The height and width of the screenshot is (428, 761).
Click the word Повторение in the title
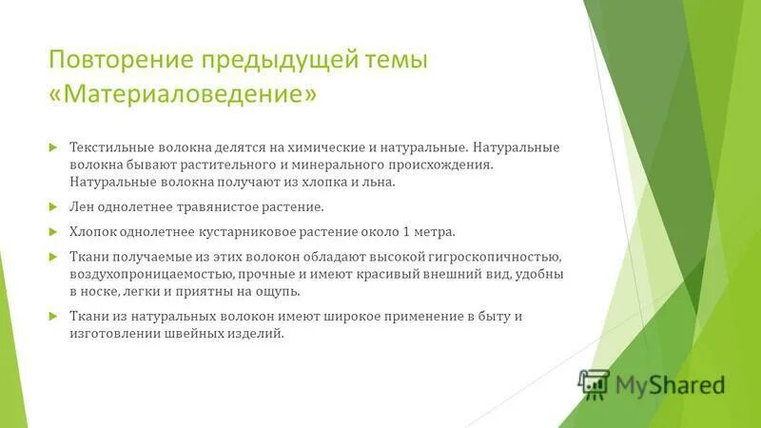[115, 61]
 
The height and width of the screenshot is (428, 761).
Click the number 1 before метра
[405, 231]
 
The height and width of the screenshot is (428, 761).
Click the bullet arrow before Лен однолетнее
[53, 205]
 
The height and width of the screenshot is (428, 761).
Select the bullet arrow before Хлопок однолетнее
[53, 231]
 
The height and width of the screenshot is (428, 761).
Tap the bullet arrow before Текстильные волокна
[53, 148]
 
